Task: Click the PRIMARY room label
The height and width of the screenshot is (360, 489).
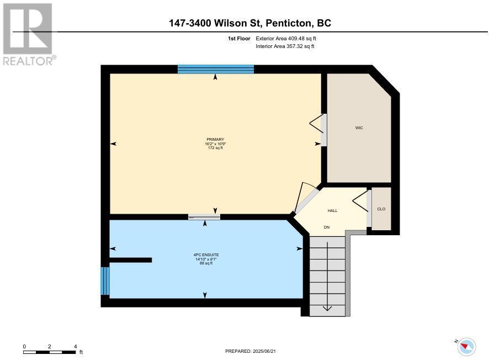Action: (215, 140)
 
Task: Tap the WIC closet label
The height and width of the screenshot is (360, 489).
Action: (359, 128)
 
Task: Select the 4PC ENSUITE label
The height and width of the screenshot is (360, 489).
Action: (206, 255)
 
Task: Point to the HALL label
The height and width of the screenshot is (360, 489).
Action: (332, 210)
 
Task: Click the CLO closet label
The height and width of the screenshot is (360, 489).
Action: (381, 209)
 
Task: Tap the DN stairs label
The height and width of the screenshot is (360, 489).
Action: (327, 227)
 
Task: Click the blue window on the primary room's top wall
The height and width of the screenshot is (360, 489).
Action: (216, 69)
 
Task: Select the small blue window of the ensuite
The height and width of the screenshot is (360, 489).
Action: (105, 281)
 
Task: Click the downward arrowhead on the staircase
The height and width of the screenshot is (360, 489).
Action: (327, 308)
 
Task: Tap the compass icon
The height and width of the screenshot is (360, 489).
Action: (467, 347)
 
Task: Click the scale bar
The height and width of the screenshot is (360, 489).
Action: (49, 352)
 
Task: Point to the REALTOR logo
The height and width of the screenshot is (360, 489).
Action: (29, 34)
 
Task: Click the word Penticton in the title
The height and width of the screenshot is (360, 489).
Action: (289, 23)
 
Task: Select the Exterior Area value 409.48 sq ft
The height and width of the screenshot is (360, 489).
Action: (301, 39)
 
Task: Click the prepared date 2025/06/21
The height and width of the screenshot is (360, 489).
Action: (264, 351)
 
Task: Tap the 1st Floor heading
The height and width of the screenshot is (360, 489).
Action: (239, 39)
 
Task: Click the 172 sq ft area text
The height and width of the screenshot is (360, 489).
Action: (215, 148)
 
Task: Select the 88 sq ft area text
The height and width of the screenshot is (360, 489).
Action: (206, 263)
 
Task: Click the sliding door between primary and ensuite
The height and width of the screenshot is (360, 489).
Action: (204, 217)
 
